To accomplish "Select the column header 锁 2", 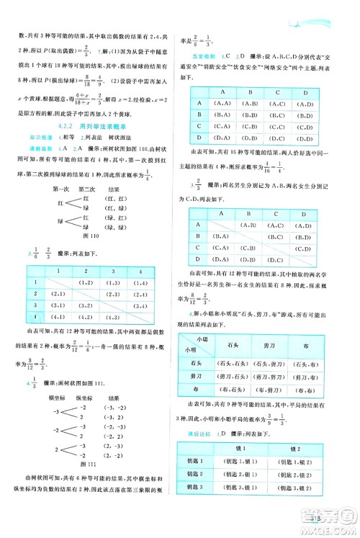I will pyautogui.click(x=307, y=449).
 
